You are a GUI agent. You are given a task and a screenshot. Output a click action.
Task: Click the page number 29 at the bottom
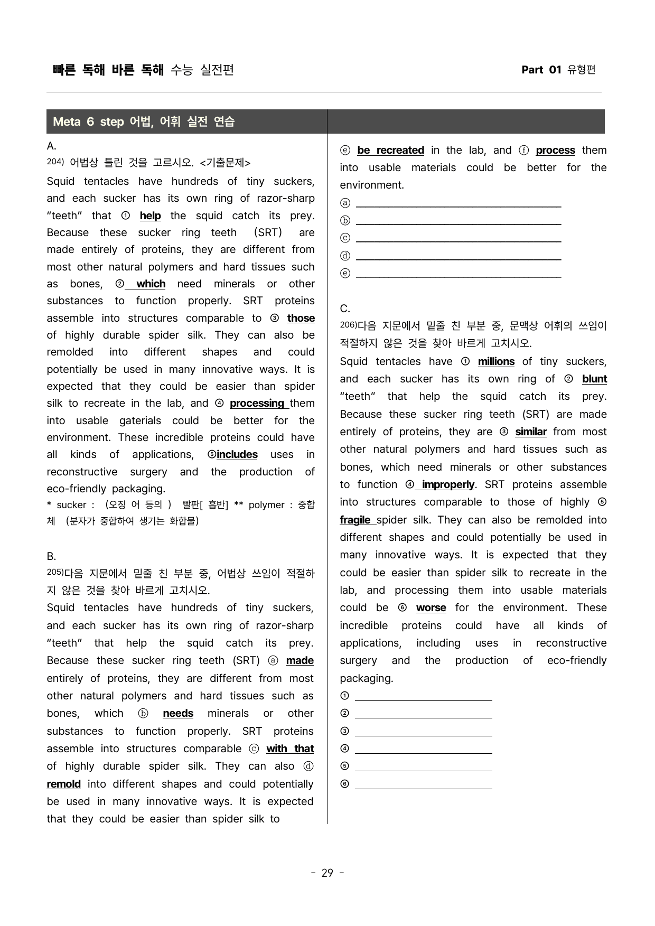tap(327, 873)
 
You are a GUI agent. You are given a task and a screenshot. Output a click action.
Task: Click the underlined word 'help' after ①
tap(151, 216)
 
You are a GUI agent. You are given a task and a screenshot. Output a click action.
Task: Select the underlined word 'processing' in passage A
tap(257, 403)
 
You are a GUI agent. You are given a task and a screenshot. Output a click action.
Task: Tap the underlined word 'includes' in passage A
tap(237, 454)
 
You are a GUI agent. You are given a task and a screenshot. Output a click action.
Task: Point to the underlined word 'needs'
tap(178, 713)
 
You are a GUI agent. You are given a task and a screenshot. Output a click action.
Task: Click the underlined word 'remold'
tap(64, 784)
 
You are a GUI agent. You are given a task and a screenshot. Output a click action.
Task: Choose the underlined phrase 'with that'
tap(290, 749)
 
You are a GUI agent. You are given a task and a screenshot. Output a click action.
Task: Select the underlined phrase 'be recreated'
tap(390, 150)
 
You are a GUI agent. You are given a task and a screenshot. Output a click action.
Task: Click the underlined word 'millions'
tap(496, 361)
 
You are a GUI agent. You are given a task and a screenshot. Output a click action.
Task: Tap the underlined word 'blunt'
tap(594, 379)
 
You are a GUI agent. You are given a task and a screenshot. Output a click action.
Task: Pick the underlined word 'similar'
tap(531, 432)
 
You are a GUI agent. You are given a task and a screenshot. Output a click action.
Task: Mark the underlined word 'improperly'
tap(448, 484)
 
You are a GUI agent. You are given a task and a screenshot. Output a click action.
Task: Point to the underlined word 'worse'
tap(431, 607)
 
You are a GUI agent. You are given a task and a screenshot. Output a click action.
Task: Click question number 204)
tap(55, 162)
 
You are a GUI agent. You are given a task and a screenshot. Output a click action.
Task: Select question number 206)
tap(349, 325)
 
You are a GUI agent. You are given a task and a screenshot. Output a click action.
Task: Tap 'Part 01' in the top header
tap(541, 70)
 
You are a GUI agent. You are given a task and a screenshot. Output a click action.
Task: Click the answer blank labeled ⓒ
tap(458, 238)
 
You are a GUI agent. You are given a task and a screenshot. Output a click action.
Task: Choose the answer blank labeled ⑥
tap(423, 784)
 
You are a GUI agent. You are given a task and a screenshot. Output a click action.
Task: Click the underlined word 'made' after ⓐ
tap(300, 660)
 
